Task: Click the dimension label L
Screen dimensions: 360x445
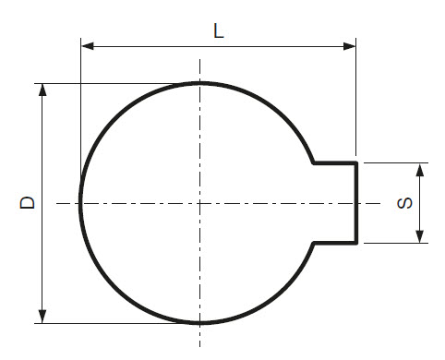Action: coord(218,30)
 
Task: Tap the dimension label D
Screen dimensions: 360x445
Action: coord(28,202)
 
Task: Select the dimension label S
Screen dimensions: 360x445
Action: coord(403,203)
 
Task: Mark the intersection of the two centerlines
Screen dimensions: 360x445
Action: coord(200,203)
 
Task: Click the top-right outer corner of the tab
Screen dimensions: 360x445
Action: coord(356,163)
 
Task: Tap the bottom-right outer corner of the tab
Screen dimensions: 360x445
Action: coord(356,243)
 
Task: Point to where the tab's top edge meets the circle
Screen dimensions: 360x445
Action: coord(314,163)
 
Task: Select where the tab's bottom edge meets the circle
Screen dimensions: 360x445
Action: coord(314,243)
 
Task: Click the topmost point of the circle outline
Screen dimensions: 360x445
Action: coord(200,83)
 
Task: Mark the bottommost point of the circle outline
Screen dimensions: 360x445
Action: coord(200,323)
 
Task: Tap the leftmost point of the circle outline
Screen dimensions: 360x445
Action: coord(80,203)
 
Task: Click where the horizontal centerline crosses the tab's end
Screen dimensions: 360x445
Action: coord(356,203)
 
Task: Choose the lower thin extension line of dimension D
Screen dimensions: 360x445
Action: coord(111,324)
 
